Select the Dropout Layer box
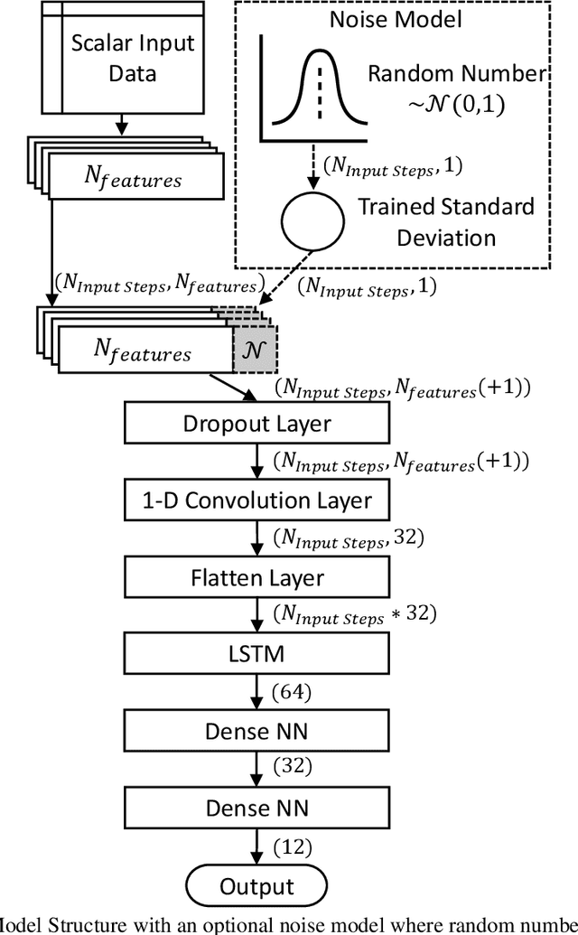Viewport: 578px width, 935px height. point(256,423)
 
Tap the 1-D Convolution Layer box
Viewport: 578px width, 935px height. point(256,499)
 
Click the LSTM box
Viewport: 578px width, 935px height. point(256,652)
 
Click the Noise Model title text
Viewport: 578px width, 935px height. point(396,19)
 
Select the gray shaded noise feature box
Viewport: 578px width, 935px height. point(255,347)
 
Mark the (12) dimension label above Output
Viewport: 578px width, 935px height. point(291,847)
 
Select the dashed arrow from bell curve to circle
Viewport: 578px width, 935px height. point(312,165)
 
